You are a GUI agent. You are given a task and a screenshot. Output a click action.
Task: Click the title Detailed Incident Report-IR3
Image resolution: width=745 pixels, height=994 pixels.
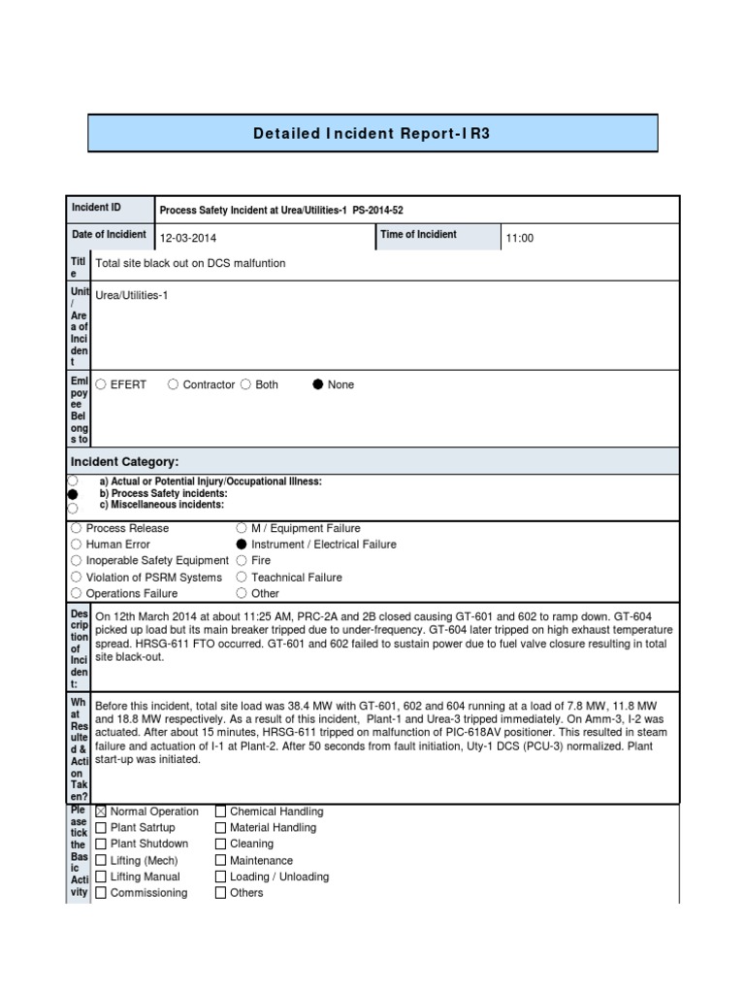(372, 133)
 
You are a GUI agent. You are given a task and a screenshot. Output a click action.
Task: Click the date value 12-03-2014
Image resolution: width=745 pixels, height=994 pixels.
(188, 238)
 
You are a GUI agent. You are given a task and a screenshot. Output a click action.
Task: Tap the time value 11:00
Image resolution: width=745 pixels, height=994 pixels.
(520, 238)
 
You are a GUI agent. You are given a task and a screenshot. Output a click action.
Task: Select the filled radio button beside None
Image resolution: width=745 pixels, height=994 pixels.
(317, 385)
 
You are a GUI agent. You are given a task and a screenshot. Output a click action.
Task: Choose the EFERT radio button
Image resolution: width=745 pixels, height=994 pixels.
(101, 385)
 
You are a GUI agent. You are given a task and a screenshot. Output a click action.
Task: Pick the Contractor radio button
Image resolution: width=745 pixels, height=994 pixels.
(174, 385)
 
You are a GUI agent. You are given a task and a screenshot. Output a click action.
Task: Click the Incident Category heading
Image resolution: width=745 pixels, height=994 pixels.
(123, 461)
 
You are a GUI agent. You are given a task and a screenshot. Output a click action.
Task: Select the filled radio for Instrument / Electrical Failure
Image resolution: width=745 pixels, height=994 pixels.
(243, 545)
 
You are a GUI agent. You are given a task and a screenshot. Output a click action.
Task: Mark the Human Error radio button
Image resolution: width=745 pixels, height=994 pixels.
(76, 545)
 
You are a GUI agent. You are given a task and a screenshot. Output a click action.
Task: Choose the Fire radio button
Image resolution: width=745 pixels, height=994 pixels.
(243, 561)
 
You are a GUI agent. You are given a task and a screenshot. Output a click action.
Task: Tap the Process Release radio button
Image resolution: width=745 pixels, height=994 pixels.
(76, 529)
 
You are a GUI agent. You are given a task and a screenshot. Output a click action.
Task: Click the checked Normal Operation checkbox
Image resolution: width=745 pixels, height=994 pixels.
(101, 812)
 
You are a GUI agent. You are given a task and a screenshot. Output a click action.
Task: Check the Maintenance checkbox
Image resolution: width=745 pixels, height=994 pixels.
(220, 861)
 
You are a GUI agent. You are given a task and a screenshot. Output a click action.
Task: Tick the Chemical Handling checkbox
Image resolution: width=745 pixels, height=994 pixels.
(220, 812)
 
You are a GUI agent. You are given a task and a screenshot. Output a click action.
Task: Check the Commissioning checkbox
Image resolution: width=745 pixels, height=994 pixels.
(101, 893)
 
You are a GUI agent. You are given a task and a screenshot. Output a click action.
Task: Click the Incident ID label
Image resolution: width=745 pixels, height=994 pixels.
(96, 208)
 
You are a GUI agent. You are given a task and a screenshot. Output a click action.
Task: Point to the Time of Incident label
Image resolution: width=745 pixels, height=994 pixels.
(418, 235)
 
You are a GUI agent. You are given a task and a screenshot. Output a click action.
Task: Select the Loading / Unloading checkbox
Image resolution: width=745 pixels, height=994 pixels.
(220, 877)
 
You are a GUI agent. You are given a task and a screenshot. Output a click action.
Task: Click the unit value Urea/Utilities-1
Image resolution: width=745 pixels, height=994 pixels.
(132, 295)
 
